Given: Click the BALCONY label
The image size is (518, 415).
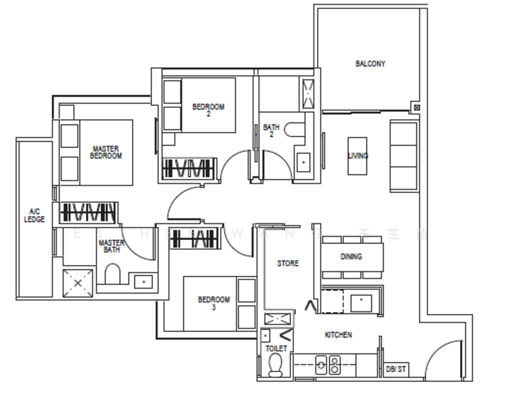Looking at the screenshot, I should [370, 64].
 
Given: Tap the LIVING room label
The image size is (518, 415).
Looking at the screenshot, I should [358, 156].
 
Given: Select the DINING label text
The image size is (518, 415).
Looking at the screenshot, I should [351, 257].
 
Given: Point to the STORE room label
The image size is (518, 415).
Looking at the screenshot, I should [288, 264].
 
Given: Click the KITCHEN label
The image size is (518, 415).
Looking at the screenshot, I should [338, 335].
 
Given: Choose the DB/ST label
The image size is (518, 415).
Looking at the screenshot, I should [396, 369].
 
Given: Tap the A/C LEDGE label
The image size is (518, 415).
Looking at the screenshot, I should [35, 215].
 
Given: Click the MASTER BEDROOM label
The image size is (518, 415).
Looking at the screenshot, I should [106, 152].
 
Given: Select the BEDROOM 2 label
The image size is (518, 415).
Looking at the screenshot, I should [208, 109].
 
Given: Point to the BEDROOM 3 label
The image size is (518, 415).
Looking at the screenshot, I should [214, 303].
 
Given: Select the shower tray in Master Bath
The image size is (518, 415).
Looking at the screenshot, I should [78, 282].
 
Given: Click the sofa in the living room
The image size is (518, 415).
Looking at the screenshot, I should [404, 156].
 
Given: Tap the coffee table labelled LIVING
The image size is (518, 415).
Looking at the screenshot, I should [358, 156].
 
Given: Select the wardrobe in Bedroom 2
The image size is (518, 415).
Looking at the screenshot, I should [189, 168].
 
